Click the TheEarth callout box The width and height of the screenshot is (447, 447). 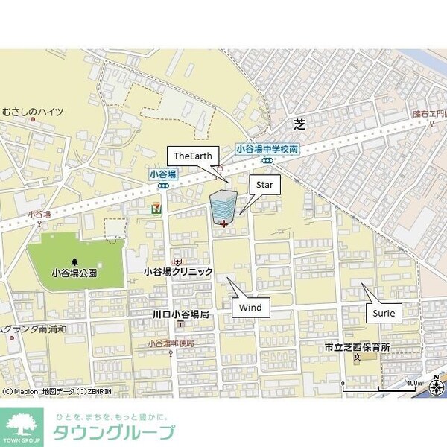[x=193, y=155]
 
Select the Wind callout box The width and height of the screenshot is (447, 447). [x=250, y=306]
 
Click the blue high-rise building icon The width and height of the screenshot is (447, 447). [x=222, y=205]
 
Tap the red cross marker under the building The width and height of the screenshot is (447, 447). [x=224, y=223]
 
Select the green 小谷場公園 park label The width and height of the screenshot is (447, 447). [x=74, y=273]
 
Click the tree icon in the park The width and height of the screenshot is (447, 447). [x=74, y=261]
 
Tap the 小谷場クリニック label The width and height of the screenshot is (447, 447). [x=179, y=273]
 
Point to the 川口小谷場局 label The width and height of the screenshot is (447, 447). [x=180, y=314]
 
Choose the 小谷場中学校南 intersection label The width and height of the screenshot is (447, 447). [x=267, y=149]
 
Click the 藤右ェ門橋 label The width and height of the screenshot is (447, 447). [x=429, y=114]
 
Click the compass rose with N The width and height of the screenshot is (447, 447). [x=436, y=385]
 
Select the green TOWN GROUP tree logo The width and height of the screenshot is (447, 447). [x=22, y=427]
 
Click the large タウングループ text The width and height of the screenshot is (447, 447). [x=113, y=433]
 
